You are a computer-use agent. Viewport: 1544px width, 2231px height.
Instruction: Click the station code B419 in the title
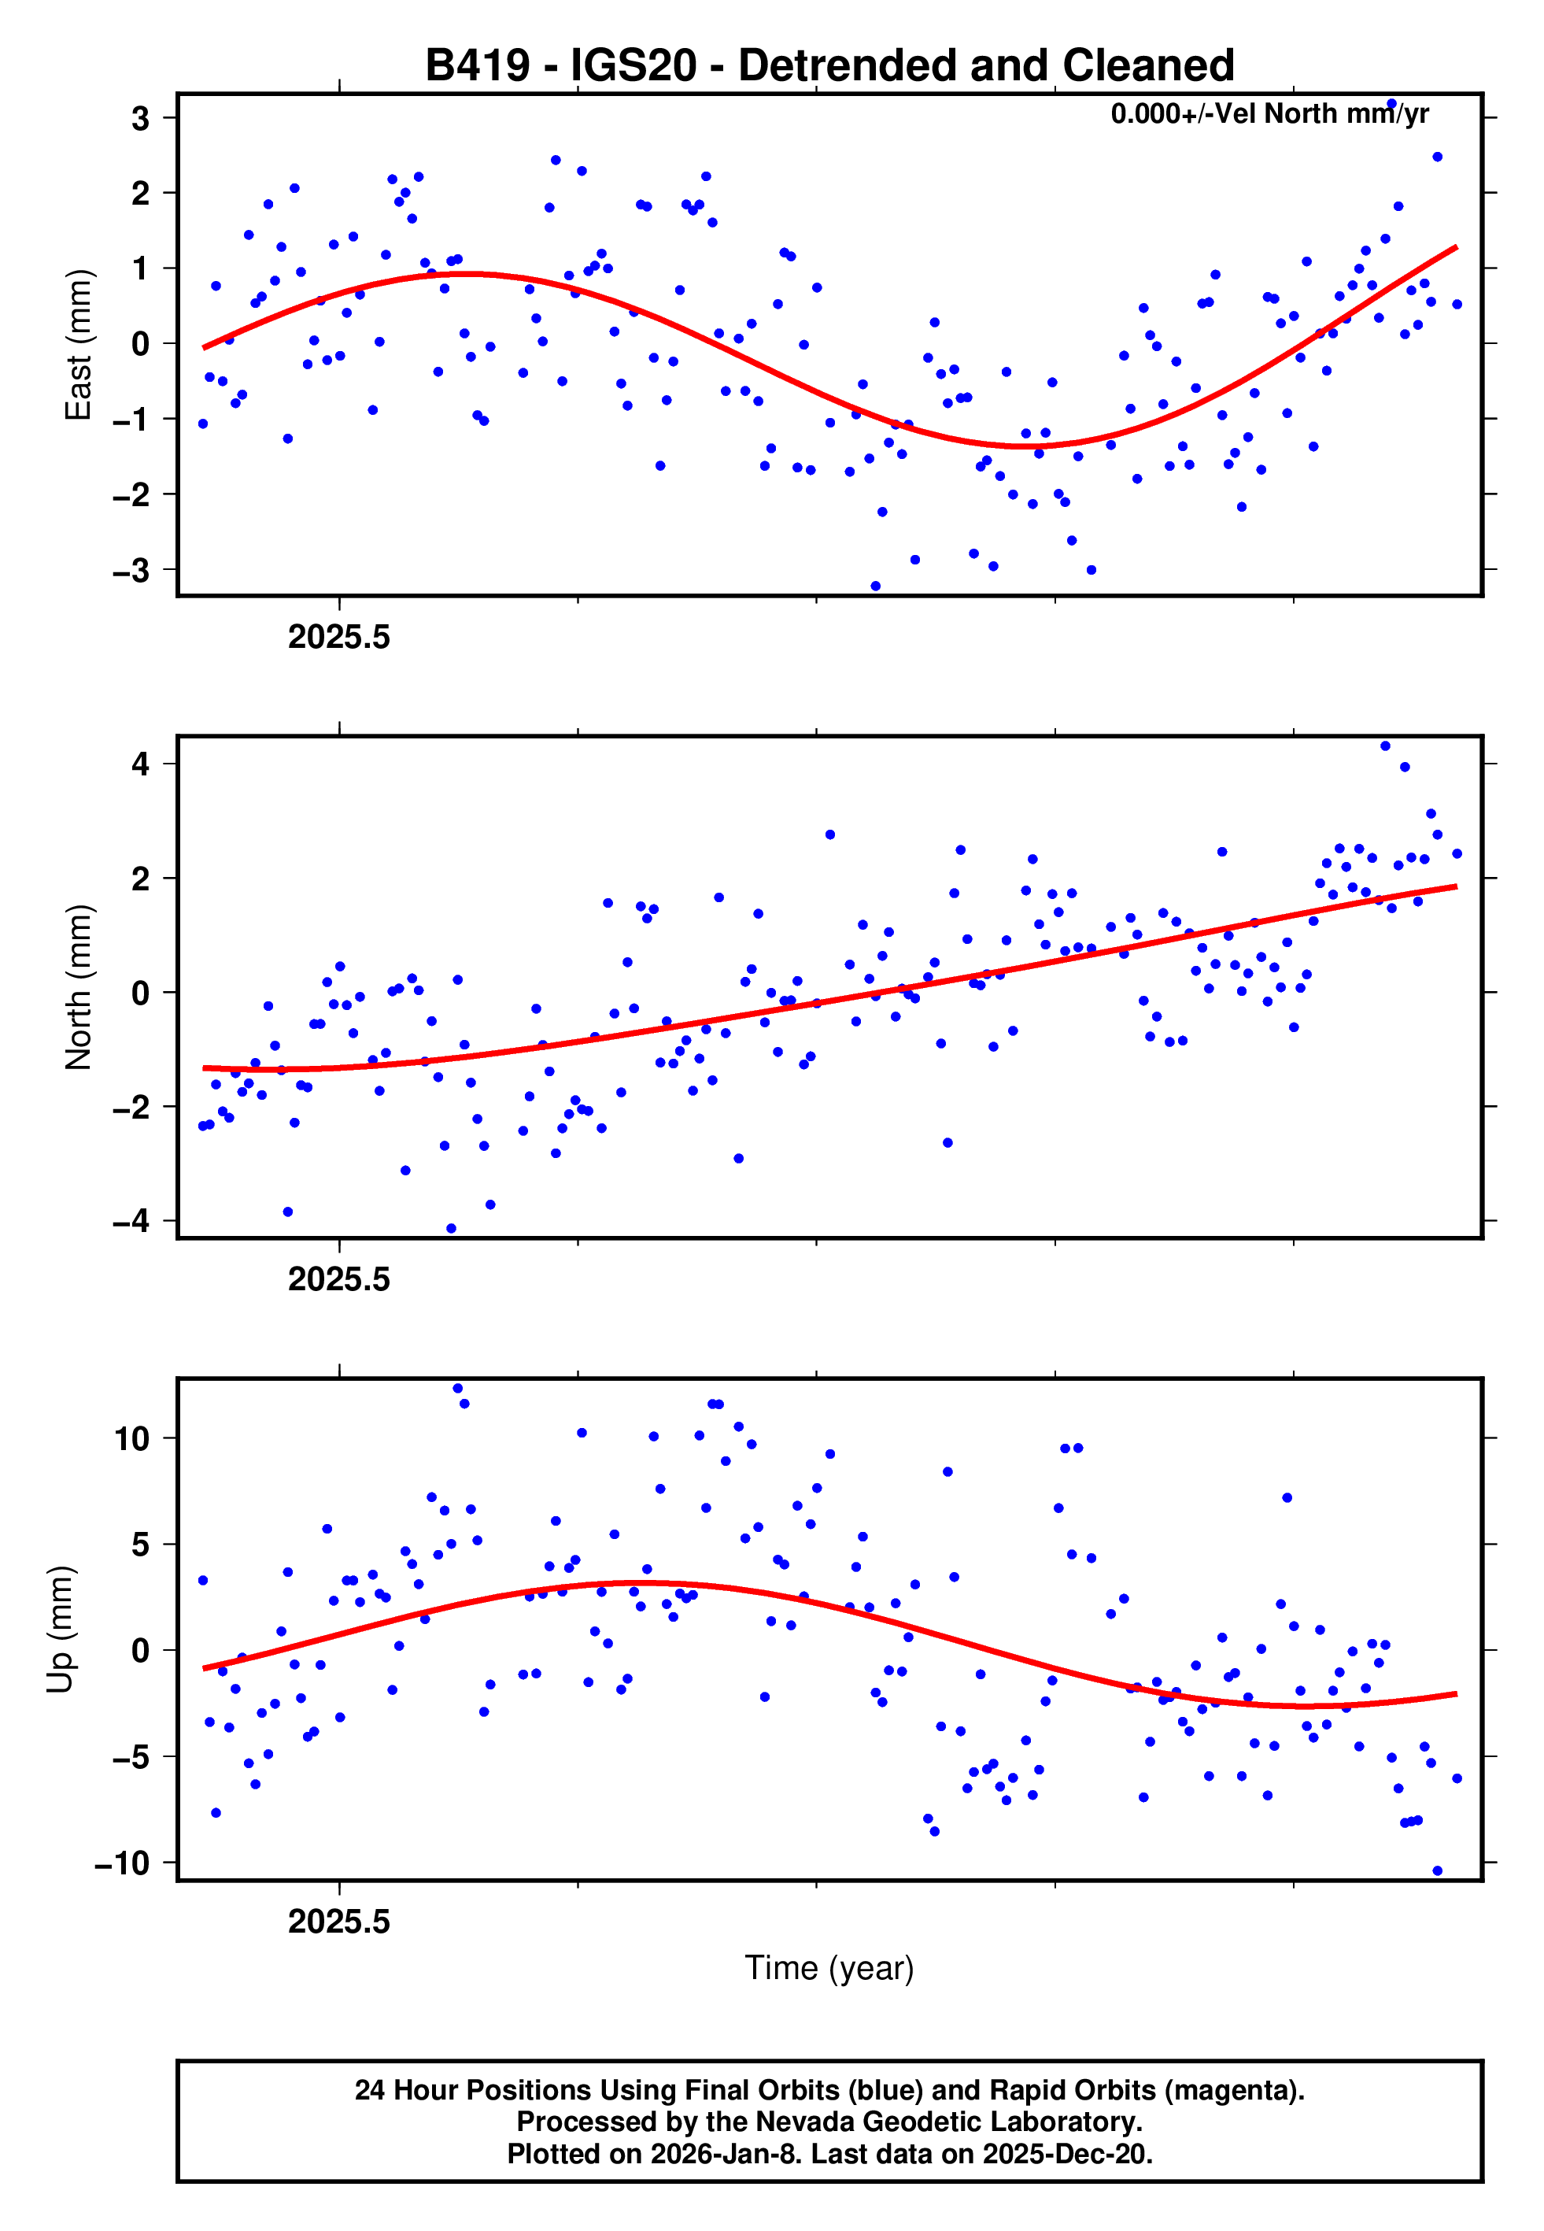pyautogui.click(x=478, y=66)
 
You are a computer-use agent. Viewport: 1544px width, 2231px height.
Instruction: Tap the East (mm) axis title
pyautogui.click(x=77, y=346)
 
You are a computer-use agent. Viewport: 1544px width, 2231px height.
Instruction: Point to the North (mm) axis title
pyautogui.click(x=77, y=987)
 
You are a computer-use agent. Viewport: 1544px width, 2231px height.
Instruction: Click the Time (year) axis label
pyautogui.click(x=829, y=1966)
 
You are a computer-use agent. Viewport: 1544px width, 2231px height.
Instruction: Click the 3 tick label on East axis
pyautogui.click(x=141, y=119)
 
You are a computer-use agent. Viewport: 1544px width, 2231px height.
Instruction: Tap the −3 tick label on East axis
pyautogui.click(x=131, y=571)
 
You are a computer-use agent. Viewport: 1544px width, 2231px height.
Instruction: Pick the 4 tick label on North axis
pyautogui.click(x=141, y=764)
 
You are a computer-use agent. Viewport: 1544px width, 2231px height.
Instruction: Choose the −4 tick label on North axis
pyautogui.click(x=131, y=1221)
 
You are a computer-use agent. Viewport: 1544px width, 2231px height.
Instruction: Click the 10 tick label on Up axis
pyautogui.click(x=131, y=1438)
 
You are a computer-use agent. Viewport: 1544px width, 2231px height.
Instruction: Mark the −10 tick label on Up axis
pyautogui.click(x=123, y=1863)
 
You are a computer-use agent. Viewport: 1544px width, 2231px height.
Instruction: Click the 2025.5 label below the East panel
pyautogui.click(x=338, y=637)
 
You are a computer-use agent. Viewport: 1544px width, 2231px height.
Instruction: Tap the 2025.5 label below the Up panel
pyautogui.click(x=338, y=1922)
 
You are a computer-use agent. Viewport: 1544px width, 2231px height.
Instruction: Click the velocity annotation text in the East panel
pyautogui.click(x=1269, y=114)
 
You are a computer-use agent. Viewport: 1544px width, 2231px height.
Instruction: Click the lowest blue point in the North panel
pyautogui.click(x=451, y=1228)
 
